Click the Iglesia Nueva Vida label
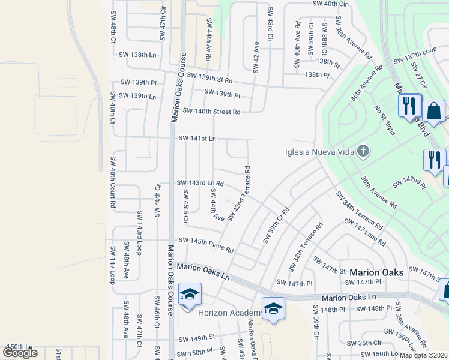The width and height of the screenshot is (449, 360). point(318,152)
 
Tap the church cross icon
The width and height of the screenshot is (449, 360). point(363,151)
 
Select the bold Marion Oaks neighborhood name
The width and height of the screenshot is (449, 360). point(377,272)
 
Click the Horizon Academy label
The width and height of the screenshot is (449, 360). point(229,313)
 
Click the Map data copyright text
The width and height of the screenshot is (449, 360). point(424,355)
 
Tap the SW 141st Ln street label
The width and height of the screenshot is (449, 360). point(197,139)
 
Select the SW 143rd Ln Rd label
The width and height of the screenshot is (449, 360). point(200,183)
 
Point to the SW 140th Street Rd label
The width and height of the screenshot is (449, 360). point(211,111)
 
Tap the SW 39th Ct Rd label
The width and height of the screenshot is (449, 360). point(276,226)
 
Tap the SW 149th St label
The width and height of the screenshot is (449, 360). point(194,337)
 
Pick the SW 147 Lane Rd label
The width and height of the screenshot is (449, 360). point(364,233)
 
